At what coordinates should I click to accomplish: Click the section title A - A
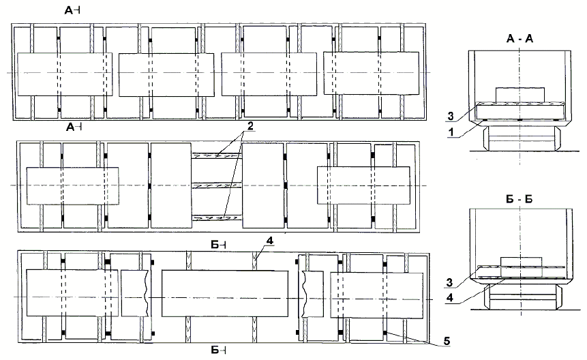520,38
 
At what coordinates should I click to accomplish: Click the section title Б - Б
519,199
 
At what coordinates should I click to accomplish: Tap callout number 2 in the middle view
250,126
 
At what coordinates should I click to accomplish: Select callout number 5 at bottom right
447,341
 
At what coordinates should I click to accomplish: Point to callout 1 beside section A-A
451,132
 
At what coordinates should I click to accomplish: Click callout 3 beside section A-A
451,117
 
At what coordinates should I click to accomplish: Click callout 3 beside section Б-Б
449,282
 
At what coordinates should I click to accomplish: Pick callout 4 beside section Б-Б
450,297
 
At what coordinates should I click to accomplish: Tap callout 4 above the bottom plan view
270,241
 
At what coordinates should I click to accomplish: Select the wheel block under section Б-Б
521,297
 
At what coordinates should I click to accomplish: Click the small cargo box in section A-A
520,95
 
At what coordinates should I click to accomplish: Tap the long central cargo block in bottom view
225,293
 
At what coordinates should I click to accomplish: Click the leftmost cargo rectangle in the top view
65,74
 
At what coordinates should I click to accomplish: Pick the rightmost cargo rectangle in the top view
371,74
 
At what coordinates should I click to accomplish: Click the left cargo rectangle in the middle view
73,186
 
